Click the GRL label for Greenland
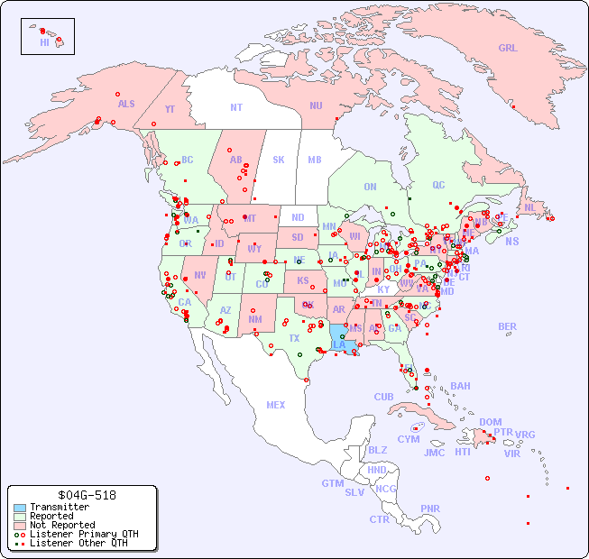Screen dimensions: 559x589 [508, 49]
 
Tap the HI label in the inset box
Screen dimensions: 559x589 [44, 42]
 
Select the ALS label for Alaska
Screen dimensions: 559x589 [126, 104]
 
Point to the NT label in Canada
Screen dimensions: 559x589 [235, 107]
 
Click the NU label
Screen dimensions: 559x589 [316, 105]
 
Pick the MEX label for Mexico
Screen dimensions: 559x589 [276, 405]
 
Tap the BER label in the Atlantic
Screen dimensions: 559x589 [507, 326]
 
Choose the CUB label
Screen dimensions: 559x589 [383, 397]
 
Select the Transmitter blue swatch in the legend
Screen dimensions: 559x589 [20, 508]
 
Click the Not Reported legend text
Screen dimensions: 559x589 [62, 525]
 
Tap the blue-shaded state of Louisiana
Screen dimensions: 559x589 [339, 344]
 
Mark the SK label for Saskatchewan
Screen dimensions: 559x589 [279, 160]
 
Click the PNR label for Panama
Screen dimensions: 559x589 [430, 509]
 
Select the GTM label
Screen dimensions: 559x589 [332, 483]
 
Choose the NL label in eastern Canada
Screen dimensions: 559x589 [529, 207]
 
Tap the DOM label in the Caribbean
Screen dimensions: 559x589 [490, 422]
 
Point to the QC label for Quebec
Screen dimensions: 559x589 [438, 185]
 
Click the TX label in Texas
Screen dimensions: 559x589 [294, 338]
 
